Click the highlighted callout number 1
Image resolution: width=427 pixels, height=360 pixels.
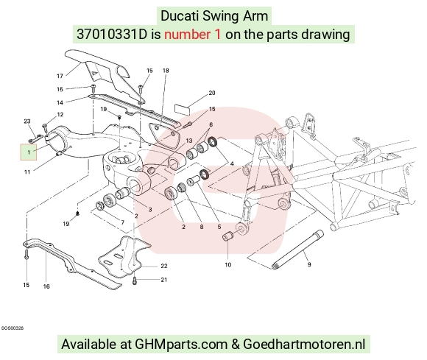(x=29, y=152)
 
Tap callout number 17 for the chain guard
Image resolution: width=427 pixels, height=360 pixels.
(x=60, y=76)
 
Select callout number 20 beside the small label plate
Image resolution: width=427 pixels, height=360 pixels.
(x=212, y=93)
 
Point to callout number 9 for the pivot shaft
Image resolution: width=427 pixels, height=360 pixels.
(x=309, y=264)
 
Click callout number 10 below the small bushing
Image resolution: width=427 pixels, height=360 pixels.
(x=228, y=264)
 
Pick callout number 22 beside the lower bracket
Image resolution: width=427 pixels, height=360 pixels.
(x=164, y=266)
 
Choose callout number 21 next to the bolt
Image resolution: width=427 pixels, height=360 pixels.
(x=163, y=280)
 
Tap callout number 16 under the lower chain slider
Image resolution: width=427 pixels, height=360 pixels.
(x=46, y=286)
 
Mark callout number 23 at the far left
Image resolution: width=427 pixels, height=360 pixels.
(x=27, y=121)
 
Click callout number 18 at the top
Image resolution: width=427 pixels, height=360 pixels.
(x=166, y=71)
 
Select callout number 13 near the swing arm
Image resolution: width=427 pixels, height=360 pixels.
(x=189, y=141)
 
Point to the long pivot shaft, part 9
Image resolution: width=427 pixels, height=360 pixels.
(x=298, y=250)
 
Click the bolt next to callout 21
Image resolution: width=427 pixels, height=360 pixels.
(x=135, y=280)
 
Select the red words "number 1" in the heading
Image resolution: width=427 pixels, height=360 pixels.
(x=192, y=35)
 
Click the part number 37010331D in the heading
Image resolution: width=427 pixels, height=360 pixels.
(x=112, y=35)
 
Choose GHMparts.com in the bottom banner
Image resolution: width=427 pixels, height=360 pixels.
(x=181, y=345)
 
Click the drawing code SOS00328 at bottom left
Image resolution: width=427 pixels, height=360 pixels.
(x=13, y=328)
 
